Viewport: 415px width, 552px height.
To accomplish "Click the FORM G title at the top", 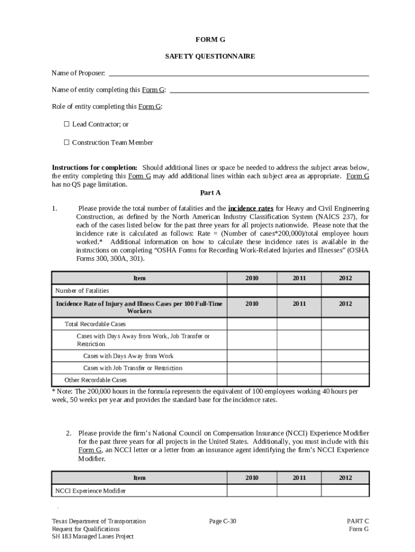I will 210,40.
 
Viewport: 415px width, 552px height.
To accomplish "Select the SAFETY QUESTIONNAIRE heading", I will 210,56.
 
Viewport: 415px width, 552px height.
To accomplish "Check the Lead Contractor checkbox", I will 67,124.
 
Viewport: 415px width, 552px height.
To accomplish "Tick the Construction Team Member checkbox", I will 67,142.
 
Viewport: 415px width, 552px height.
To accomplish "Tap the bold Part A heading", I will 210,192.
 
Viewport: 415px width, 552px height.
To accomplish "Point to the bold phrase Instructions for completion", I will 94,168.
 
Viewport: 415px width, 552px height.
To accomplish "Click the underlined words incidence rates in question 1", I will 251,208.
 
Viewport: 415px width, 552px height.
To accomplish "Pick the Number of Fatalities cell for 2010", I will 251,291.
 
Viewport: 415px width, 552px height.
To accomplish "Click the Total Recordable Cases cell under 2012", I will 345,324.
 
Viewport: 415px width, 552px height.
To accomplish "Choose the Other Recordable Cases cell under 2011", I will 299,379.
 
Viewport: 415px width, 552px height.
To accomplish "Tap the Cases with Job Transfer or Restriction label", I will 133,368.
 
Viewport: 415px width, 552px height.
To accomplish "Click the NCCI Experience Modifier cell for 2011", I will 299,491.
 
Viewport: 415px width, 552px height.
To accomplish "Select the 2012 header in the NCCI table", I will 345,478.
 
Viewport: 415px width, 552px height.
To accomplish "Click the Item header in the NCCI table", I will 139,478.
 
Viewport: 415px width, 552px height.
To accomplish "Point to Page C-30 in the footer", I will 223,521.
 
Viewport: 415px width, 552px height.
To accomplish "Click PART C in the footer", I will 357,521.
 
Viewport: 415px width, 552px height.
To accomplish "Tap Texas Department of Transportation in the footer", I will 99,521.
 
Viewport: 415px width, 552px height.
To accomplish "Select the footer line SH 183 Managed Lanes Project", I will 93,536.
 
